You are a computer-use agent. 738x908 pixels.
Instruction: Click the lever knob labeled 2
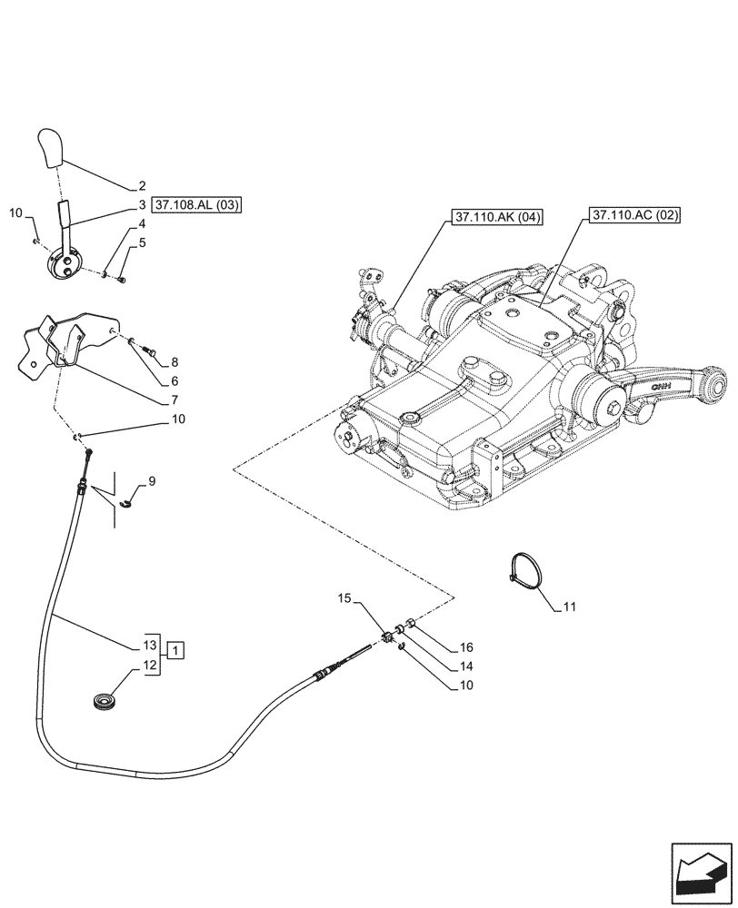51,149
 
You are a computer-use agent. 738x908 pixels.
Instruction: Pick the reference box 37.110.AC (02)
634,215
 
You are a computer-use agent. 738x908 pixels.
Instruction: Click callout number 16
466,647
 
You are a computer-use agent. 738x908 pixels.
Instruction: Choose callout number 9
152,481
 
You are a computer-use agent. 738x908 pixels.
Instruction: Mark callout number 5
142,243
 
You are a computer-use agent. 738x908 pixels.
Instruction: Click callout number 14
466,666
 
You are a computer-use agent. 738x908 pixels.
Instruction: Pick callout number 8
174,361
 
